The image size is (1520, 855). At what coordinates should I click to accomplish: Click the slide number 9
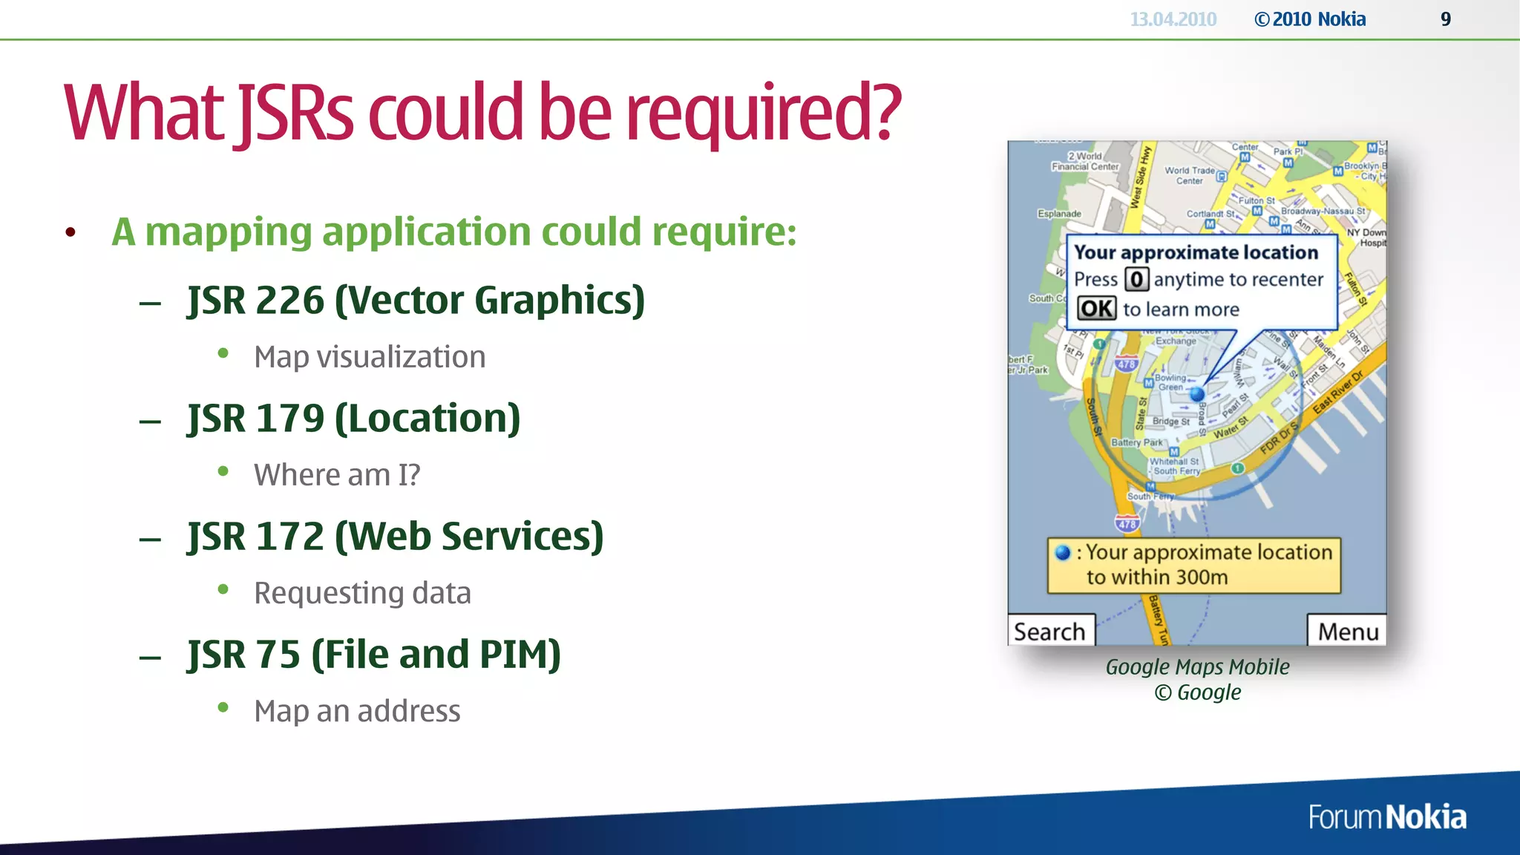1445,19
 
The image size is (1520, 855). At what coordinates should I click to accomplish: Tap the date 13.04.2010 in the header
1173,19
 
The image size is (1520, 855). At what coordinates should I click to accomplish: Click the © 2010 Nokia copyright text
1310,19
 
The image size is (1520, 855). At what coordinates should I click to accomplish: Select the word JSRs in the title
295,113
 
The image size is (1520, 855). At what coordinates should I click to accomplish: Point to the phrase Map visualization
370,357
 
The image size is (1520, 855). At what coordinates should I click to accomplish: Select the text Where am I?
337,475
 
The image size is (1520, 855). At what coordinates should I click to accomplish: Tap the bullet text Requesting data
362,593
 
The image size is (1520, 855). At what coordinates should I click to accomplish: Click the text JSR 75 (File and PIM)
374,655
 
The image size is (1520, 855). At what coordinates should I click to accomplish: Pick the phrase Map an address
357,711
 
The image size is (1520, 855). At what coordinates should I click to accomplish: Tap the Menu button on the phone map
1347,631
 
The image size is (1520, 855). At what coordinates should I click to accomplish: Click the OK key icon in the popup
1096,309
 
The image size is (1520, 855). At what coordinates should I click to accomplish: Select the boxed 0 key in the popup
1136,280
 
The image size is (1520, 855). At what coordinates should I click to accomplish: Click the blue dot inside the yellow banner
1063,552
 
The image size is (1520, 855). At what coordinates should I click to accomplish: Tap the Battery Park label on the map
1136,442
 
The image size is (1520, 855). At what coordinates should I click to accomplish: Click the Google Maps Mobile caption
1197,666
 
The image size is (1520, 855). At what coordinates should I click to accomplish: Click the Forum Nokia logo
1386,817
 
